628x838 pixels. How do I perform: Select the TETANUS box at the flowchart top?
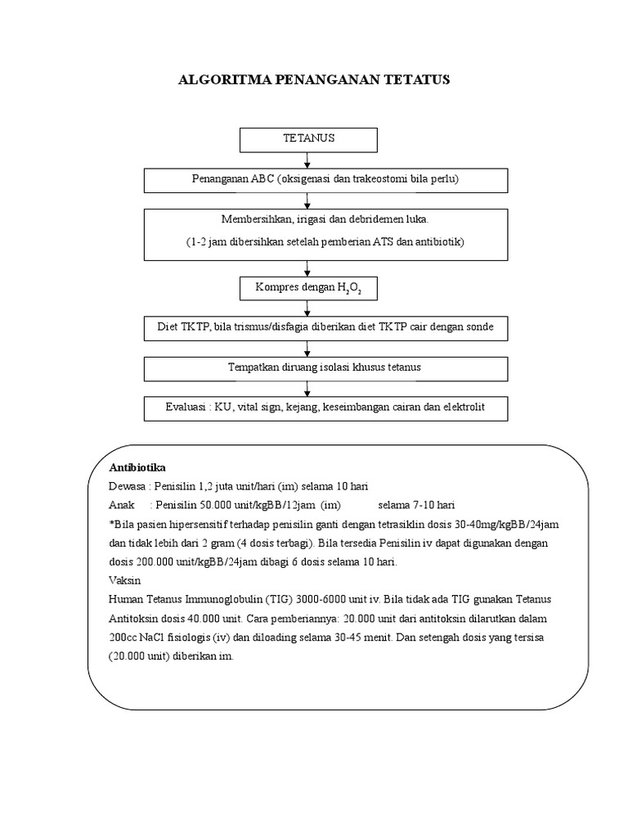[x=308, y=140]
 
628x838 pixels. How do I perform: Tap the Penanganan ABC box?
[x=325, y=181]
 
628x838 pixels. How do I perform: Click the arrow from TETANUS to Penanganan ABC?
[x=307, y=160]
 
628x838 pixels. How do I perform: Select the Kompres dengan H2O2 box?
[x=308, y=289]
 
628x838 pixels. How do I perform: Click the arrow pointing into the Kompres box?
[x=307, y=268]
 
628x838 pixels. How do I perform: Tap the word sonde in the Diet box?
[x=479, y=327]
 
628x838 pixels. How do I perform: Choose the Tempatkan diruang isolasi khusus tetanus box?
[x=325, y=369]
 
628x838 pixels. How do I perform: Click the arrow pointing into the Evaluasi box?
[x=307, y=389]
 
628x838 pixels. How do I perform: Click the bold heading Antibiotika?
[x=137, y=467]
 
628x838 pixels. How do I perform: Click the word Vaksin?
[x=124, y=580]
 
